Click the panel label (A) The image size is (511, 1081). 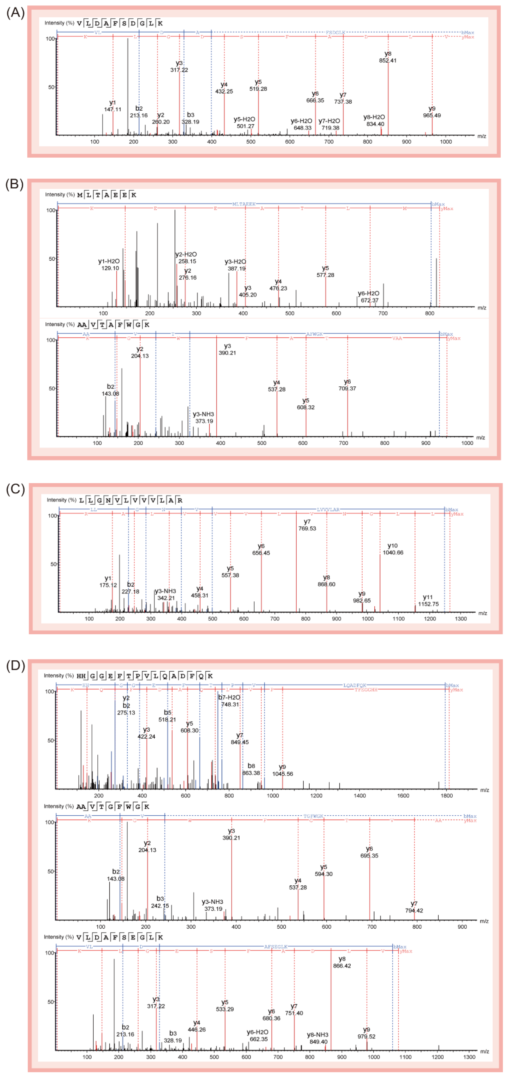tap(15, 13)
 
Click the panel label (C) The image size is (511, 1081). tap(15, 489)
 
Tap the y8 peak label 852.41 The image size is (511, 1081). tap(387, 57)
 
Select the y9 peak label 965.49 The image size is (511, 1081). tap(432, 112)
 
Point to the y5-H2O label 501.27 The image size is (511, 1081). tap(245, 123)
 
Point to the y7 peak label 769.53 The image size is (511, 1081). tap(307, 525)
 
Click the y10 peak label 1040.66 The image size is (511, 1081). tap(393, 549)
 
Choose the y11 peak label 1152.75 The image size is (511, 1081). tap(428, 601)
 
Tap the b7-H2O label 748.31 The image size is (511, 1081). tap(229, 701)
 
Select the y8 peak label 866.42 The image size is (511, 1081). tap(342, 962)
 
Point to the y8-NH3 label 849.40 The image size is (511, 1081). tap(318, 1038)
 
